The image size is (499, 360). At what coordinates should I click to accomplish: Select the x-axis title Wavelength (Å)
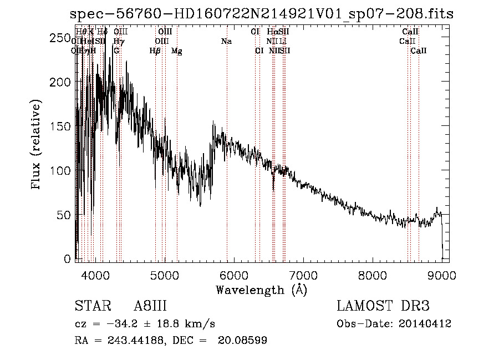[261, 290]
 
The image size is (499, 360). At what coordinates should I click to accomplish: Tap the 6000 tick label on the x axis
[234, 275]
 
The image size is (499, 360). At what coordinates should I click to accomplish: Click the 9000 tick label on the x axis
[442, 275]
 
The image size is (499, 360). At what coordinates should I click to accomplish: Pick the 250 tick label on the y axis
[63, 37]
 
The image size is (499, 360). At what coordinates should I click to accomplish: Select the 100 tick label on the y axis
[63, 170]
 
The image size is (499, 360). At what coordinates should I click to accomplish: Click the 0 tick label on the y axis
[68, 259]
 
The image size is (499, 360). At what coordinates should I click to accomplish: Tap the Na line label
[226, 42]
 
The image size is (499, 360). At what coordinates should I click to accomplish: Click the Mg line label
[177, 51]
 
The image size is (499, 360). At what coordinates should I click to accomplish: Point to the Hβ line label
[155, 51]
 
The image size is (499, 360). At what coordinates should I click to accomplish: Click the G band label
[116, 51]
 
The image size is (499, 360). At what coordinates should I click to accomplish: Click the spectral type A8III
[150, 306]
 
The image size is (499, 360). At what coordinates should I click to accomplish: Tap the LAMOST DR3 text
[383, 306]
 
